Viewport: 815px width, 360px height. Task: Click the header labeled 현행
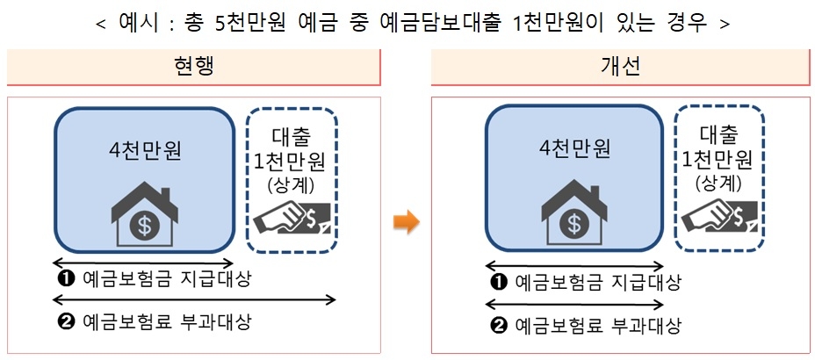click(193, 67)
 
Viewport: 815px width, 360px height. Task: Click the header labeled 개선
click(620, 67)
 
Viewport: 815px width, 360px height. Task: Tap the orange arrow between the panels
click(406, 222)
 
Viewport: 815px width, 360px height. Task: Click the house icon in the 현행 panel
click(145, 216)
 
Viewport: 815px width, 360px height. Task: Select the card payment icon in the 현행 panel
click(292, 218)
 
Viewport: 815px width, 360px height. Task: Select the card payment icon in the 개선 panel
click(720, 218)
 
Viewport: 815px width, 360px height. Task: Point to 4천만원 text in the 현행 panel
click(145, 150)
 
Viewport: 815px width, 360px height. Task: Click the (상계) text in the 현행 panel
click(292, 186)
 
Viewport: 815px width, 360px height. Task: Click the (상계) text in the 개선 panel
click(719, 184)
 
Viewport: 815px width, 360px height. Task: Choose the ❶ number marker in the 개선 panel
click(498, 283)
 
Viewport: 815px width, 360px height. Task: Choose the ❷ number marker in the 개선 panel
click(498, 327)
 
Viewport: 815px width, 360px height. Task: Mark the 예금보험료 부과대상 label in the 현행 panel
click(167, 322)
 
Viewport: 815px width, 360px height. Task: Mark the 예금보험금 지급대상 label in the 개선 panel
click(597, 283)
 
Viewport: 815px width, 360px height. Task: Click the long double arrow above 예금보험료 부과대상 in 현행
click(194, 299)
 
